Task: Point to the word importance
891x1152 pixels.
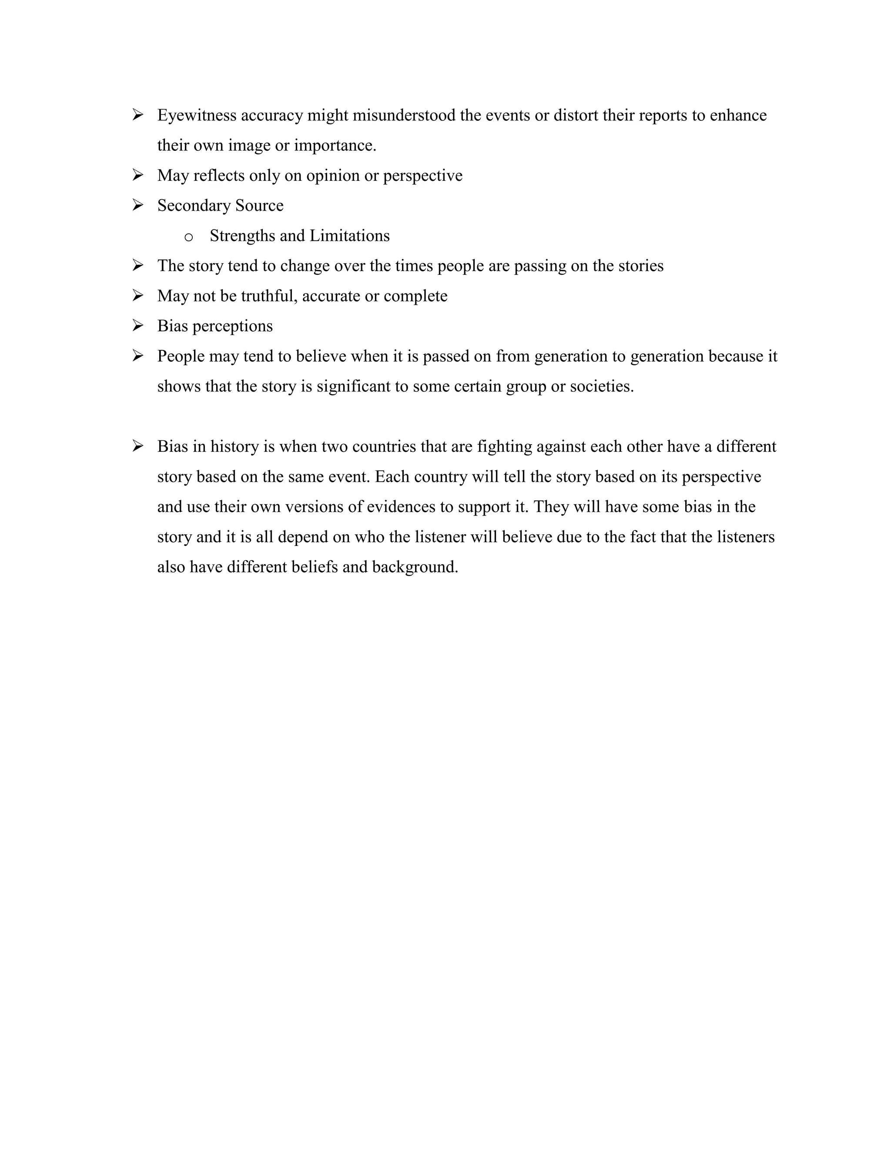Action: [x=335, y=146]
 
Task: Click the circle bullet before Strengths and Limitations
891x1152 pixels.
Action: [x=188, y=237]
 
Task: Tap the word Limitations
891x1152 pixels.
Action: [x=349, y=236]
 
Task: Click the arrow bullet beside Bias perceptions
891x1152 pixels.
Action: [x=138, y=326]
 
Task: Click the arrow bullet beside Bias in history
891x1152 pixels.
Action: [x=138, y=447]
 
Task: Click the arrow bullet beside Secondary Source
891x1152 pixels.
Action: [x=138, y=205]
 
